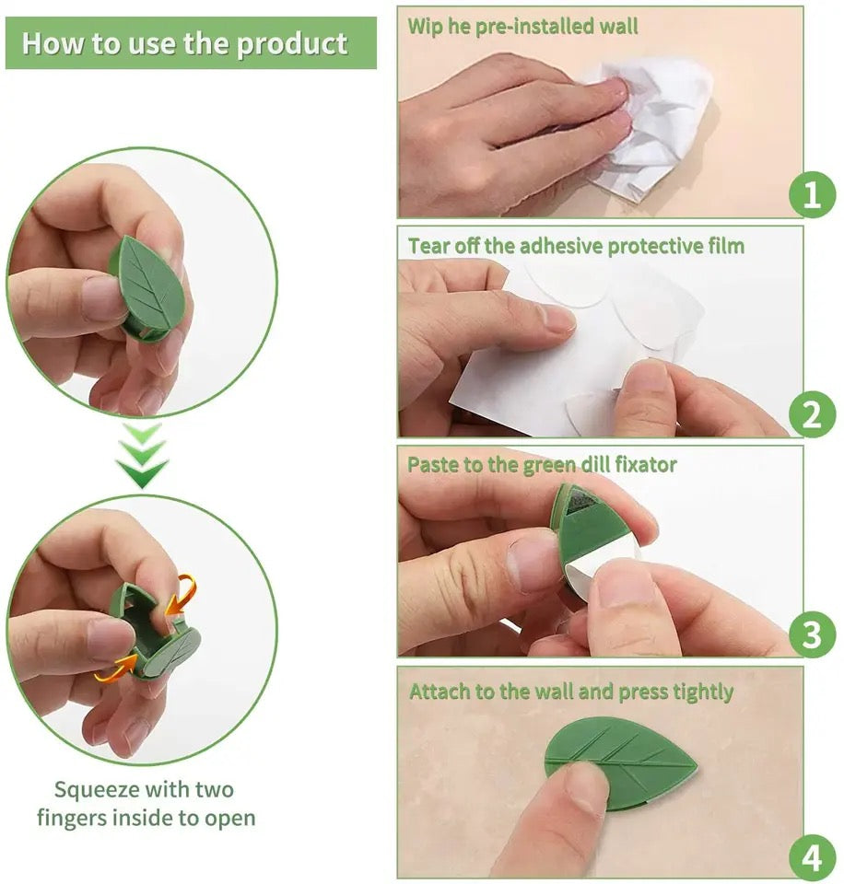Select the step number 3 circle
(x=812, y=634)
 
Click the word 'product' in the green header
(x=294, y=44)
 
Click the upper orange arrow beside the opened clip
(x=182, y=595)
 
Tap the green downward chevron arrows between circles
(x=142, y=455)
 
